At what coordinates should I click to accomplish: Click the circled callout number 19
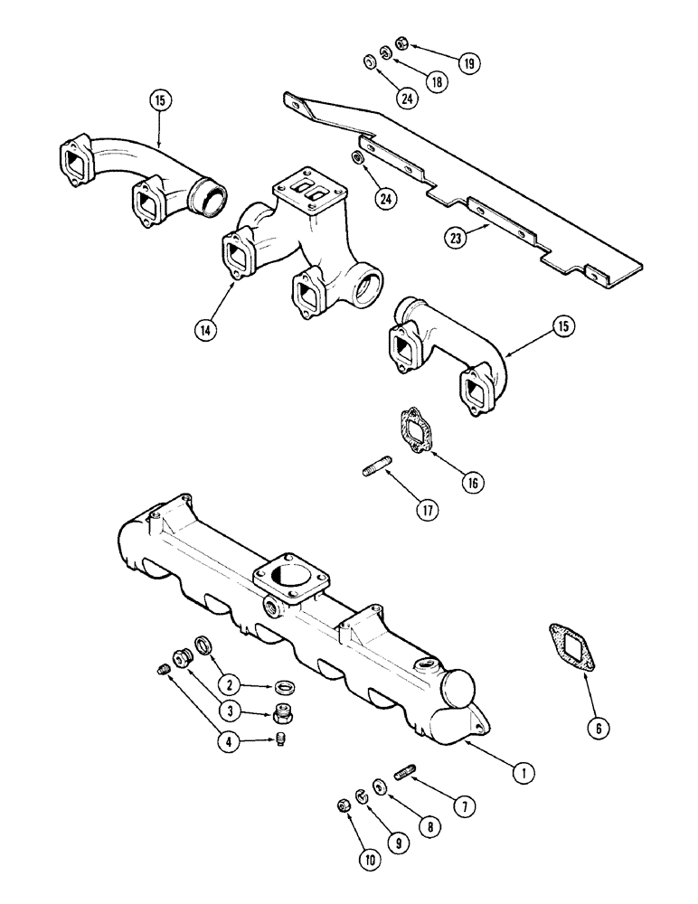(469, 63)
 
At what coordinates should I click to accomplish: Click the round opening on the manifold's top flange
(286, 575)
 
